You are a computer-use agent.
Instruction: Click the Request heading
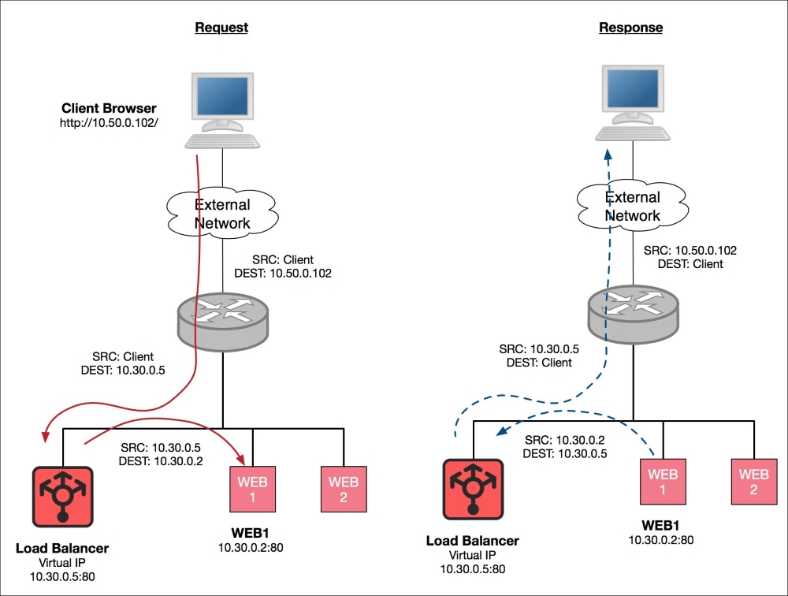tap(221, 28)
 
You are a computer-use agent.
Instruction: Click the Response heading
tap(630, 28)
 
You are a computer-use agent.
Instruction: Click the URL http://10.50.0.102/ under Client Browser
tap(109, 123)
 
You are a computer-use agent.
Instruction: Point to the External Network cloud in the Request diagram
tap(222, 214)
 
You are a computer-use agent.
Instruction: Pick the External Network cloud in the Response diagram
tap(633, 206)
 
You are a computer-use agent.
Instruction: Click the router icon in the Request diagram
tap(223, 322)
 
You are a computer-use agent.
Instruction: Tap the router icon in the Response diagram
tap(634, 314)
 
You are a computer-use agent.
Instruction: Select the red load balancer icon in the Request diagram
tap(63, 497)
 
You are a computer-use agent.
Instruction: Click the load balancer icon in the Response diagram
tap(473, 490)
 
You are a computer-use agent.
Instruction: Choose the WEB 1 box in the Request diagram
tap(253, 490)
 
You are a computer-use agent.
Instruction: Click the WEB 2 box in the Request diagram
tap(344, 490)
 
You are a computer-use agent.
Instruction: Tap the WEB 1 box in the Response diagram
tap(663, 482)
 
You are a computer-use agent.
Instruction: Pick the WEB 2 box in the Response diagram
tap(754, 482)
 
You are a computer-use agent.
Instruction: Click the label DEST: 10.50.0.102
tap(283, 274)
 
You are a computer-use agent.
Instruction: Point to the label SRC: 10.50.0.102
tap(690, 251)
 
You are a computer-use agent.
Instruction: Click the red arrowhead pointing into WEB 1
tap(240, 459)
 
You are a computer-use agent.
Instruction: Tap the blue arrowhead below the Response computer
tap(608, 154)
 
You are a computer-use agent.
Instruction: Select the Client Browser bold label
tap(109, 108)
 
